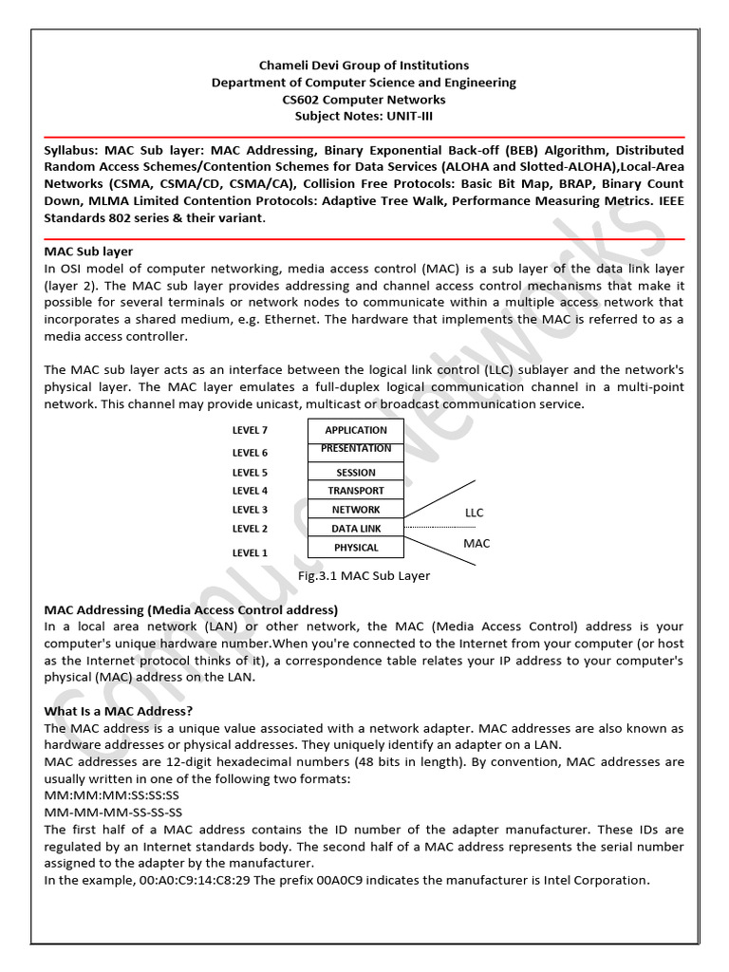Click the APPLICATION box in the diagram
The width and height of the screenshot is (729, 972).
[356, 430]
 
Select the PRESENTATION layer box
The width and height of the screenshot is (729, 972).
[356, 450]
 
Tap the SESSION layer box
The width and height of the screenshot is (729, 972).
[356, 472]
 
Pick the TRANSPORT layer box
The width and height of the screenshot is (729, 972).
[356, 491]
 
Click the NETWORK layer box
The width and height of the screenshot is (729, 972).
[356, 510]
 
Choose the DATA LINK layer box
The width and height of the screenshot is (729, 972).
[356, 529]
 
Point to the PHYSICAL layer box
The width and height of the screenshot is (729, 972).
[356, 548]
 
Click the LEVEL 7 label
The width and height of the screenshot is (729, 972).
[251, 430]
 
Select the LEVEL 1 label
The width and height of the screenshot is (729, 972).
[251, 552]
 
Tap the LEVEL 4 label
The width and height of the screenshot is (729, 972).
[251, 491]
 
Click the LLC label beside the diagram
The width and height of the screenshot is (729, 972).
[474, 513]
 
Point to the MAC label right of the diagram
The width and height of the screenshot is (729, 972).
[477, 544]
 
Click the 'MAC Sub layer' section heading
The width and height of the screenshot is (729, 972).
[88, 252]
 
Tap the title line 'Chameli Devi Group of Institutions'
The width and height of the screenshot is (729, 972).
[364, 65]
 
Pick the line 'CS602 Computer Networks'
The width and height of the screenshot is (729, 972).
[364, 100]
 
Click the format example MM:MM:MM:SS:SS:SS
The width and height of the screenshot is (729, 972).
[112, 795]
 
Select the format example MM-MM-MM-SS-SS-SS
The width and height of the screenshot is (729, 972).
[113, 813]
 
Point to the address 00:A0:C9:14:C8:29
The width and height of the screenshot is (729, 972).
[170, 880]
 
